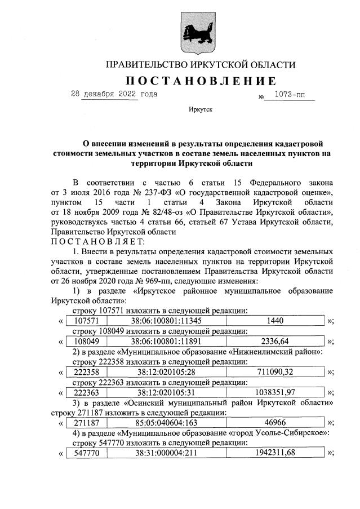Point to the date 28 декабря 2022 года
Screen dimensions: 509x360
click(114, 94)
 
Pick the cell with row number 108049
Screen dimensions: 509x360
click(82, 341)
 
